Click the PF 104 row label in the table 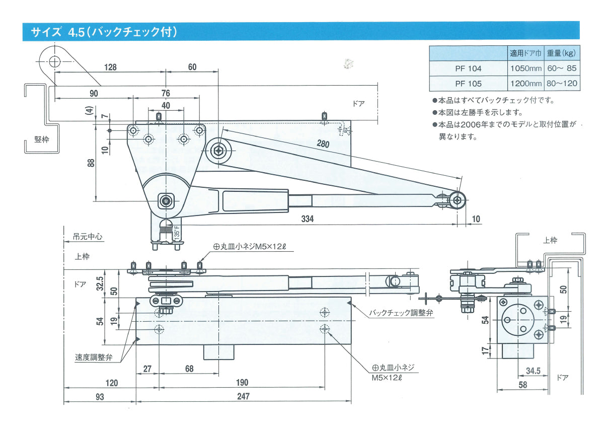point(468,68)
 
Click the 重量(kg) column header point(562,53)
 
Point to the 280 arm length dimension point(323,144)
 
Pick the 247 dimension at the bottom point(243,397)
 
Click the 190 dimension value point(242,383)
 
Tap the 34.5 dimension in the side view point(533,371)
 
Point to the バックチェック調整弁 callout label point(401,313)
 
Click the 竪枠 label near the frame point(42,139)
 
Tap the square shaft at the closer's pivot point(166,201)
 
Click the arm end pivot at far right point(457,199)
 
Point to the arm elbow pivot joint point(219,149)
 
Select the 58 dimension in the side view point(522,385)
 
